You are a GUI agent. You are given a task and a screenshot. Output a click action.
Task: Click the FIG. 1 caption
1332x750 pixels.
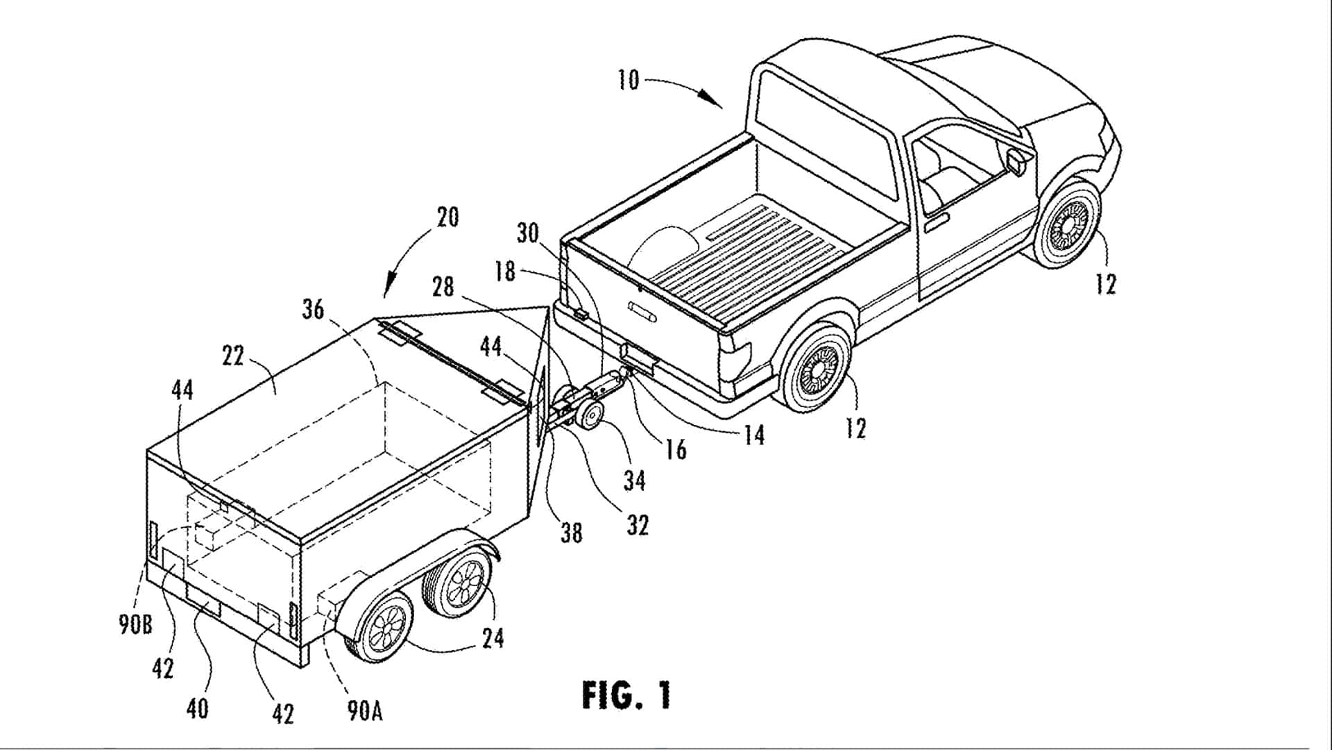[626, 695]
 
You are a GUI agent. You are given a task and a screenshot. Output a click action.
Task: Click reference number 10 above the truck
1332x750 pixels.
[628, 80]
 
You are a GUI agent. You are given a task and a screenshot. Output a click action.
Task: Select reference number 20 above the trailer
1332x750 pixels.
[447, 217]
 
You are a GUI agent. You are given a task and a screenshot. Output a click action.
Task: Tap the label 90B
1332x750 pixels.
[135, 625]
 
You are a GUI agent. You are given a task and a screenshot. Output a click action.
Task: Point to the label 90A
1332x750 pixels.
[364, 710]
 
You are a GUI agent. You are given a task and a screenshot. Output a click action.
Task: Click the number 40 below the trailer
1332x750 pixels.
[197, 708]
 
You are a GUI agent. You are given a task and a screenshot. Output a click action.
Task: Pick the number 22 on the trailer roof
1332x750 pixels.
[233, 356]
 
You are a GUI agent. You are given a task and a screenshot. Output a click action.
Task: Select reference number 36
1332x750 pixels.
[313, 309]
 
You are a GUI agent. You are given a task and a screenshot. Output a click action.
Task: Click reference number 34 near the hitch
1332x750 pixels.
[634, 480]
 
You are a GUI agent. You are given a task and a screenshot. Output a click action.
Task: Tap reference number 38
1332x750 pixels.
[572, 533]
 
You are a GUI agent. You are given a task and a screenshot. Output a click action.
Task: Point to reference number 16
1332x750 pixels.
[675, 449]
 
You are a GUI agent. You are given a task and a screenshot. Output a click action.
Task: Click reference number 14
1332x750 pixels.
[753, 435]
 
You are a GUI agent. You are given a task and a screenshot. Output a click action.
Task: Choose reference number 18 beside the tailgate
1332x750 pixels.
[504, 271]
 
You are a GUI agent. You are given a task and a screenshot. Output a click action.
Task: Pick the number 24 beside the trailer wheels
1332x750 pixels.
[493, 637]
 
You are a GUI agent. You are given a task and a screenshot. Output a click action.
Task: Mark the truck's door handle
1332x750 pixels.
[937, 222]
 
